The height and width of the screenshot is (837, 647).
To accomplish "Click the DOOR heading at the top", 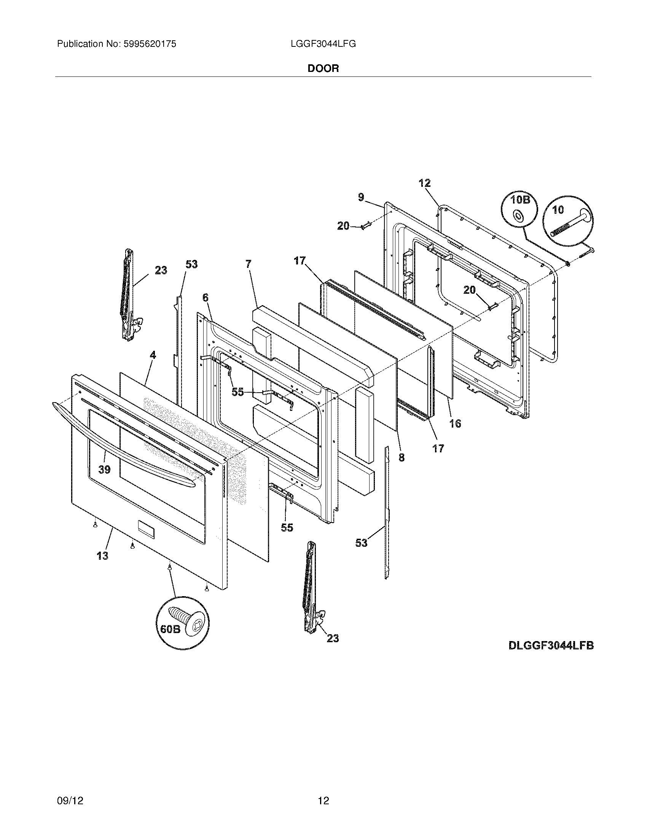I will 323,68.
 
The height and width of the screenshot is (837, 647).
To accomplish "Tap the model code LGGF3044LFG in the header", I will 323,44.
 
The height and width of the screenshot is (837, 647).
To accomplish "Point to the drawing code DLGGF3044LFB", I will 551,645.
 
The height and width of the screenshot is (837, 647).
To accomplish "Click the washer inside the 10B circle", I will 518,216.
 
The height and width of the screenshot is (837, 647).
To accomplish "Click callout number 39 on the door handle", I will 104,469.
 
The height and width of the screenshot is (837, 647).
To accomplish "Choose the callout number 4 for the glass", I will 153,355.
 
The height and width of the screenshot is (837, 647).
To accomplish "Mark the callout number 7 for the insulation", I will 249,264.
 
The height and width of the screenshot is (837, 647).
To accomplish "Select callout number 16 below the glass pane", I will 455,423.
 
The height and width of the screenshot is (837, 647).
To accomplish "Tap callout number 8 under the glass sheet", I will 401,457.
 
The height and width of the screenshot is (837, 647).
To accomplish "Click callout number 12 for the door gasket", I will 425,183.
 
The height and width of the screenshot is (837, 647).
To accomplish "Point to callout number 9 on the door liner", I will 361,197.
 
